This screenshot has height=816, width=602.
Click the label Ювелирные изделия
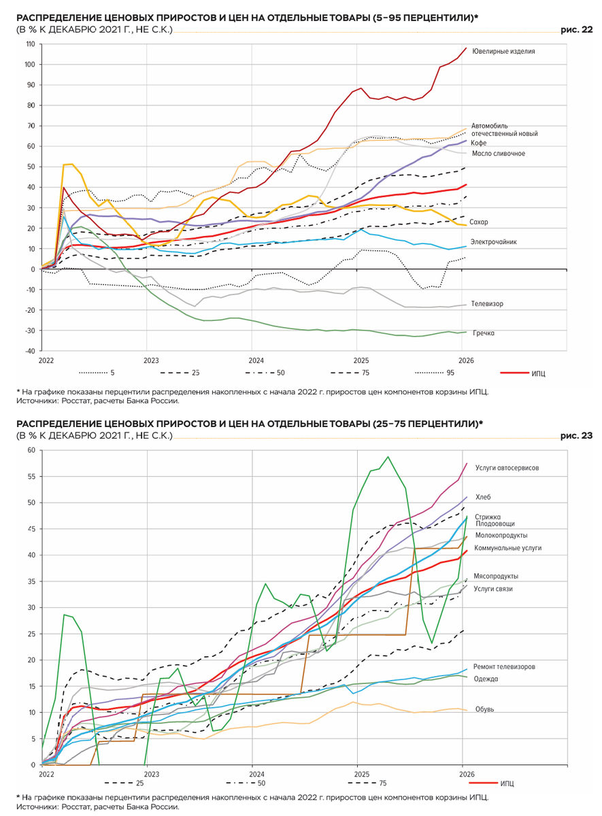pos(503,51)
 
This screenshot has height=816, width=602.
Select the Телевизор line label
pos(487,303)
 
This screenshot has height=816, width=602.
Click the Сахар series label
pos(478,222)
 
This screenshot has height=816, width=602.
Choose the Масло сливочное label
pos(499,154)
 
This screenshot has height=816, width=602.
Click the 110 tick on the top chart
pos(30,44)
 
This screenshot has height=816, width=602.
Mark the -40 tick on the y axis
pos(30,351)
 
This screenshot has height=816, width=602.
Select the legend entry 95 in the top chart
pos(452,373)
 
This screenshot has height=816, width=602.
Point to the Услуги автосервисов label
pos(507,468)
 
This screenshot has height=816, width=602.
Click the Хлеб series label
pos(483,497)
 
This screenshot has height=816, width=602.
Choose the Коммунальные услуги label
pos(507,547)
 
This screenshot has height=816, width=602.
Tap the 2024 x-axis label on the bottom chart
pos(256,774)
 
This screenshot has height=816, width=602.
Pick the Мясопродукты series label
pos(497,576)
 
